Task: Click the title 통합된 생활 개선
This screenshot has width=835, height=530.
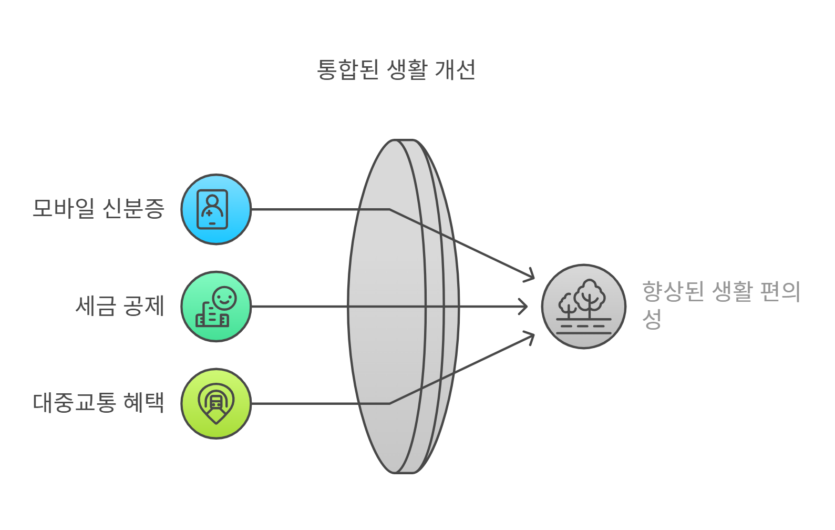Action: [x=396, y=69]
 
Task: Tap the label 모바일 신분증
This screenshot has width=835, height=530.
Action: [x=98, y=209]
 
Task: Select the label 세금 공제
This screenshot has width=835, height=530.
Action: [x=120, y=306]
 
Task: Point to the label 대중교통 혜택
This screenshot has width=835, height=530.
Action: [x=98, y=403]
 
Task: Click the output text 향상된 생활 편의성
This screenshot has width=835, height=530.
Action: [x=720, y=304]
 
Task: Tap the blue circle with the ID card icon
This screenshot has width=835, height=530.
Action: [x=216, y=209]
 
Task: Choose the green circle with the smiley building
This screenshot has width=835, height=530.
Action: [x=216, y=307]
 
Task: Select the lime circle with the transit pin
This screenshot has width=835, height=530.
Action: [x=216, y=403]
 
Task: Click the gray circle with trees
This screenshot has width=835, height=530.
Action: [x=583, y=307]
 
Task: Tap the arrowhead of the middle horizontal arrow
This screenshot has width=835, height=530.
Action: [x=524, y=307]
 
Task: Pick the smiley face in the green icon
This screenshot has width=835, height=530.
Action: [x=224, y=298]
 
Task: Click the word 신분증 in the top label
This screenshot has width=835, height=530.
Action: [x=133, y=209]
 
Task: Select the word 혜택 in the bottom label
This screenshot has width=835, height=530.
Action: [x=143, y=403]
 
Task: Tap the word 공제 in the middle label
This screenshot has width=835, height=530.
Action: [x=143, y=306]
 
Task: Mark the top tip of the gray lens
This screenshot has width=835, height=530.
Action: [x=404, y=141]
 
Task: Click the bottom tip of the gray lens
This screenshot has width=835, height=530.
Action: [x=404, y=472]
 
